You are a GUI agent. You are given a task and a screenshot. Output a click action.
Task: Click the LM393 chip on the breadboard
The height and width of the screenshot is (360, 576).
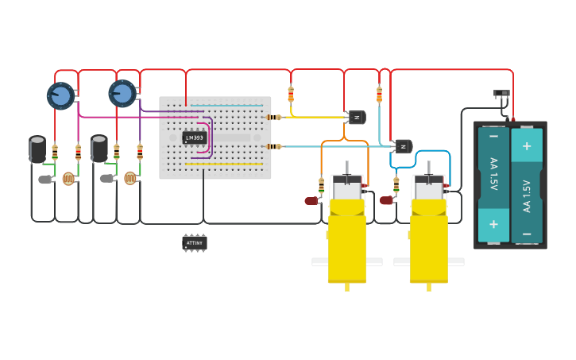tap(194, 137)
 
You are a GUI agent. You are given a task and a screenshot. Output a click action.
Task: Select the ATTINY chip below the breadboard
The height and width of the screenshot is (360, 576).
tap(194, 242)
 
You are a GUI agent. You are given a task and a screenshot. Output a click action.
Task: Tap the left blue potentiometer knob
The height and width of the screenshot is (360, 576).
tap(60, 95)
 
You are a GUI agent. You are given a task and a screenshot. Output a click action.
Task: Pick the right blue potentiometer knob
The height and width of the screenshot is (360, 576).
tap(122, 93)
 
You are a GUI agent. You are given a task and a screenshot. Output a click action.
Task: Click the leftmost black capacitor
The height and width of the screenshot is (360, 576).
tap(37, 149)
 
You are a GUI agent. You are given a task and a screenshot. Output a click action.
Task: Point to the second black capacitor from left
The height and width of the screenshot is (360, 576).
tap(99, 148)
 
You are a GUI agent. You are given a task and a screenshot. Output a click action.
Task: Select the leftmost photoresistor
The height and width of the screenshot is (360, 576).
tap(68, 179)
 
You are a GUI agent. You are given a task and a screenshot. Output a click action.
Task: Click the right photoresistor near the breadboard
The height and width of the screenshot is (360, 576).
tap(130, 178)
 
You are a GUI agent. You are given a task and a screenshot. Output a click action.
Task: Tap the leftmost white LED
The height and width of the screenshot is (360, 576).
tap(44, 180)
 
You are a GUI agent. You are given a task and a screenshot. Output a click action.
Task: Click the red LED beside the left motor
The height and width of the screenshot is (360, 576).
tap(311, 201)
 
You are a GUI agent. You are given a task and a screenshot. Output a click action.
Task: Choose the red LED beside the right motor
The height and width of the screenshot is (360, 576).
tap(386, 200)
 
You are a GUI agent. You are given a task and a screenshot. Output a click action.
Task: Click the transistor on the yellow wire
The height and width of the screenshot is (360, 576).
tap(357, 118)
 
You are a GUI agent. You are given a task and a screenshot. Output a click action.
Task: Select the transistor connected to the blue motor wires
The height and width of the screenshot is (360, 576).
tap(404, 146)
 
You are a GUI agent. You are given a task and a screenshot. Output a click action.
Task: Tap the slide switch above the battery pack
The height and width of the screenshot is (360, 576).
tap(502, 94)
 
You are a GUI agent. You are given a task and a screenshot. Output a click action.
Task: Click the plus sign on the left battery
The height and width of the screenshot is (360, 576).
tap(493, 223)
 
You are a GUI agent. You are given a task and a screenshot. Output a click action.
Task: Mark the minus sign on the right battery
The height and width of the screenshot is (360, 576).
tap(526, 234)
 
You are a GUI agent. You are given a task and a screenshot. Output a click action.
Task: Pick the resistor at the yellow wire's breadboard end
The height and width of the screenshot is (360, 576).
tap(273, 118)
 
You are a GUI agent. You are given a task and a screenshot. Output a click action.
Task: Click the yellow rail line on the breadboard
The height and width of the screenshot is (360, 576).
tap(224, 165)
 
